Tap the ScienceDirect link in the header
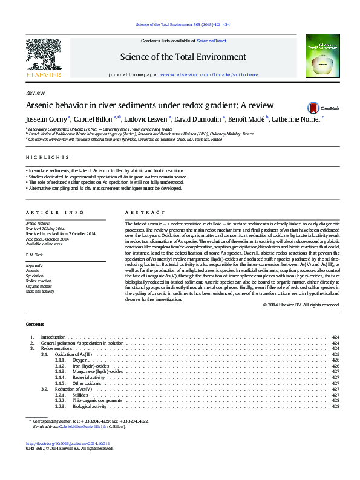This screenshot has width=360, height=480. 212,41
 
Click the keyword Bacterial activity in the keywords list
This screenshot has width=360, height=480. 40,291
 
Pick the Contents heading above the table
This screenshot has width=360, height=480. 34,325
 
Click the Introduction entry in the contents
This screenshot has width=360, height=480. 53,336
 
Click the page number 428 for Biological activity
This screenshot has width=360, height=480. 336,406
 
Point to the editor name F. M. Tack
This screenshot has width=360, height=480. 35,255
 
